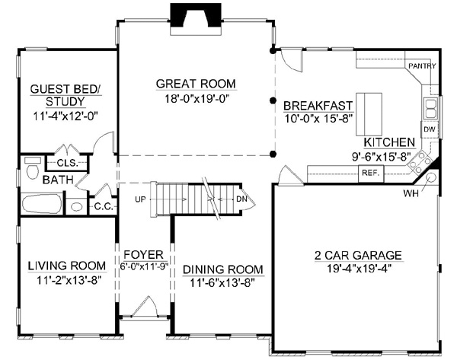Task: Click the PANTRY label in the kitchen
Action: (x=422, y=65)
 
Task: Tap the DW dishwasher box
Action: (x=430, y=129)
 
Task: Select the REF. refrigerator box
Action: (x=371, y=174)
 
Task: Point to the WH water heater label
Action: (x=411, y=193)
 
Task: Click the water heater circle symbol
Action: (x=431, y=177)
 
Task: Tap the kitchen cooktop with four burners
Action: (x=420, y=163)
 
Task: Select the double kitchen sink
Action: (x=431, y=108)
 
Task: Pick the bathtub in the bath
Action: (x=42, y=203)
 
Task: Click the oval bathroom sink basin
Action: (x=76, y=206)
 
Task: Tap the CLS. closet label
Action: (x=68, y=163)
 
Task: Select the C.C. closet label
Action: (x=104, y=206)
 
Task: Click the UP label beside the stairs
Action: (x=140, y=199)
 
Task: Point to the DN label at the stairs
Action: (x=241, y=199)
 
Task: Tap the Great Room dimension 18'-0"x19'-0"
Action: (x=196, y=99)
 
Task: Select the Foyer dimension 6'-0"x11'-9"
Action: (x=145, y=266)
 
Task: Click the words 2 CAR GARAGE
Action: (x=358, y=255)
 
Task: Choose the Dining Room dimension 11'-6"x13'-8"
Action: (x=223, y=282)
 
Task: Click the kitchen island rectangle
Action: (x=369, y=114)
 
